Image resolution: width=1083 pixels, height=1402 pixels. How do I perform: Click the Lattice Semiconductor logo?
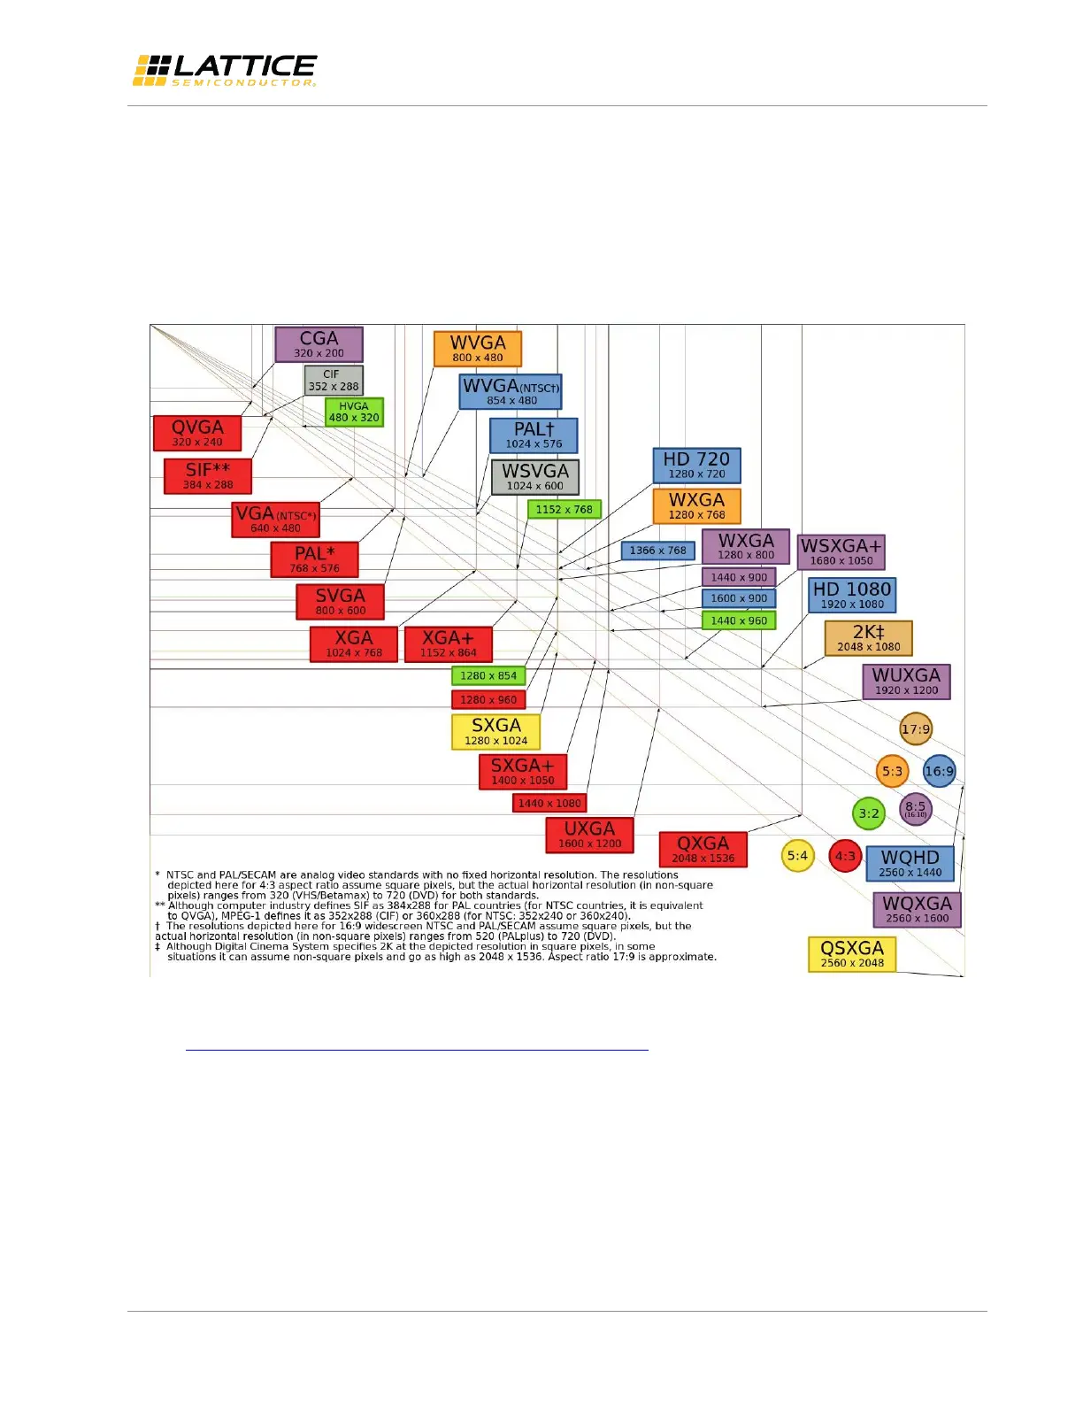point(225,70)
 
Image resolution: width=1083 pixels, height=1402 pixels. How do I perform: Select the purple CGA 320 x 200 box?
point(319,344)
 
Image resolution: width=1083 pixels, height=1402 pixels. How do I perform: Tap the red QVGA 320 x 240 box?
point(197,434)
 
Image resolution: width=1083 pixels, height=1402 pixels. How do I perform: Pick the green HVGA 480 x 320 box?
point(354,412)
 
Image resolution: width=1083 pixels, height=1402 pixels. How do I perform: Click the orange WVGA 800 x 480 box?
point(478,349)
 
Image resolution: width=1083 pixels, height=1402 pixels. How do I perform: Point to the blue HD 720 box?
point(696,466)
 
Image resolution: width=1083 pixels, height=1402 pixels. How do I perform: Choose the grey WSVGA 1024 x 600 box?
point(535,477)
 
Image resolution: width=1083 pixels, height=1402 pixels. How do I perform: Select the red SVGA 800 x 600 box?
point(340,602)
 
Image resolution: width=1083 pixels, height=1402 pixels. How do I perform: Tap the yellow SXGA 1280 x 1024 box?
point(495,732)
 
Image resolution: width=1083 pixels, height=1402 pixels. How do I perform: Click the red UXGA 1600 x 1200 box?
point(589,835)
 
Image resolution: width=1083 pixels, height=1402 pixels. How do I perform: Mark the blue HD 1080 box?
point(852,595)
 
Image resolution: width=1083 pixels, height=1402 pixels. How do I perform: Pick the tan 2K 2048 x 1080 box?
point(868,638)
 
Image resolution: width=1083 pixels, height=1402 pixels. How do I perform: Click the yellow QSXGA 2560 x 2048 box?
point(852,954)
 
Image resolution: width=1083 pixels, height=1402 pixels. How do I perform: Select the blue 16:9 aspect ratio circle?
point(939,771)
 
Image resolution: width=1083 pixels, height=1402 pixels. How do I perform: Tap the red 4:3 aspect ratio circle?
point(845,856)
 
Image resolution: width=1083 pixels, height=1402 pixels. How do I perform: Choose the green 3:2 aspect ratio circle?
point(869,813)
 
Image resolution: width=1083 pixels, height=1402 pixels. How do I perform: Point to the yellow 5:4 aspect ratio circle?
point(797,856)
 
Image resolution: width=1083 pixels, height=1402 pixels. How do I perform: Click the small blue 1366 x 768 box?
point(657,551)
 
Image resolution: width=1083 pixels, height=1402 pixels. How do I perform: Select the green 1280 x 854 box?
point(488,675)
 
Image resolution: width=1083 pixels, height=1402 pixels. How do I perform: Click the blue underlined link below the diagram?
point(417,1044)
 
